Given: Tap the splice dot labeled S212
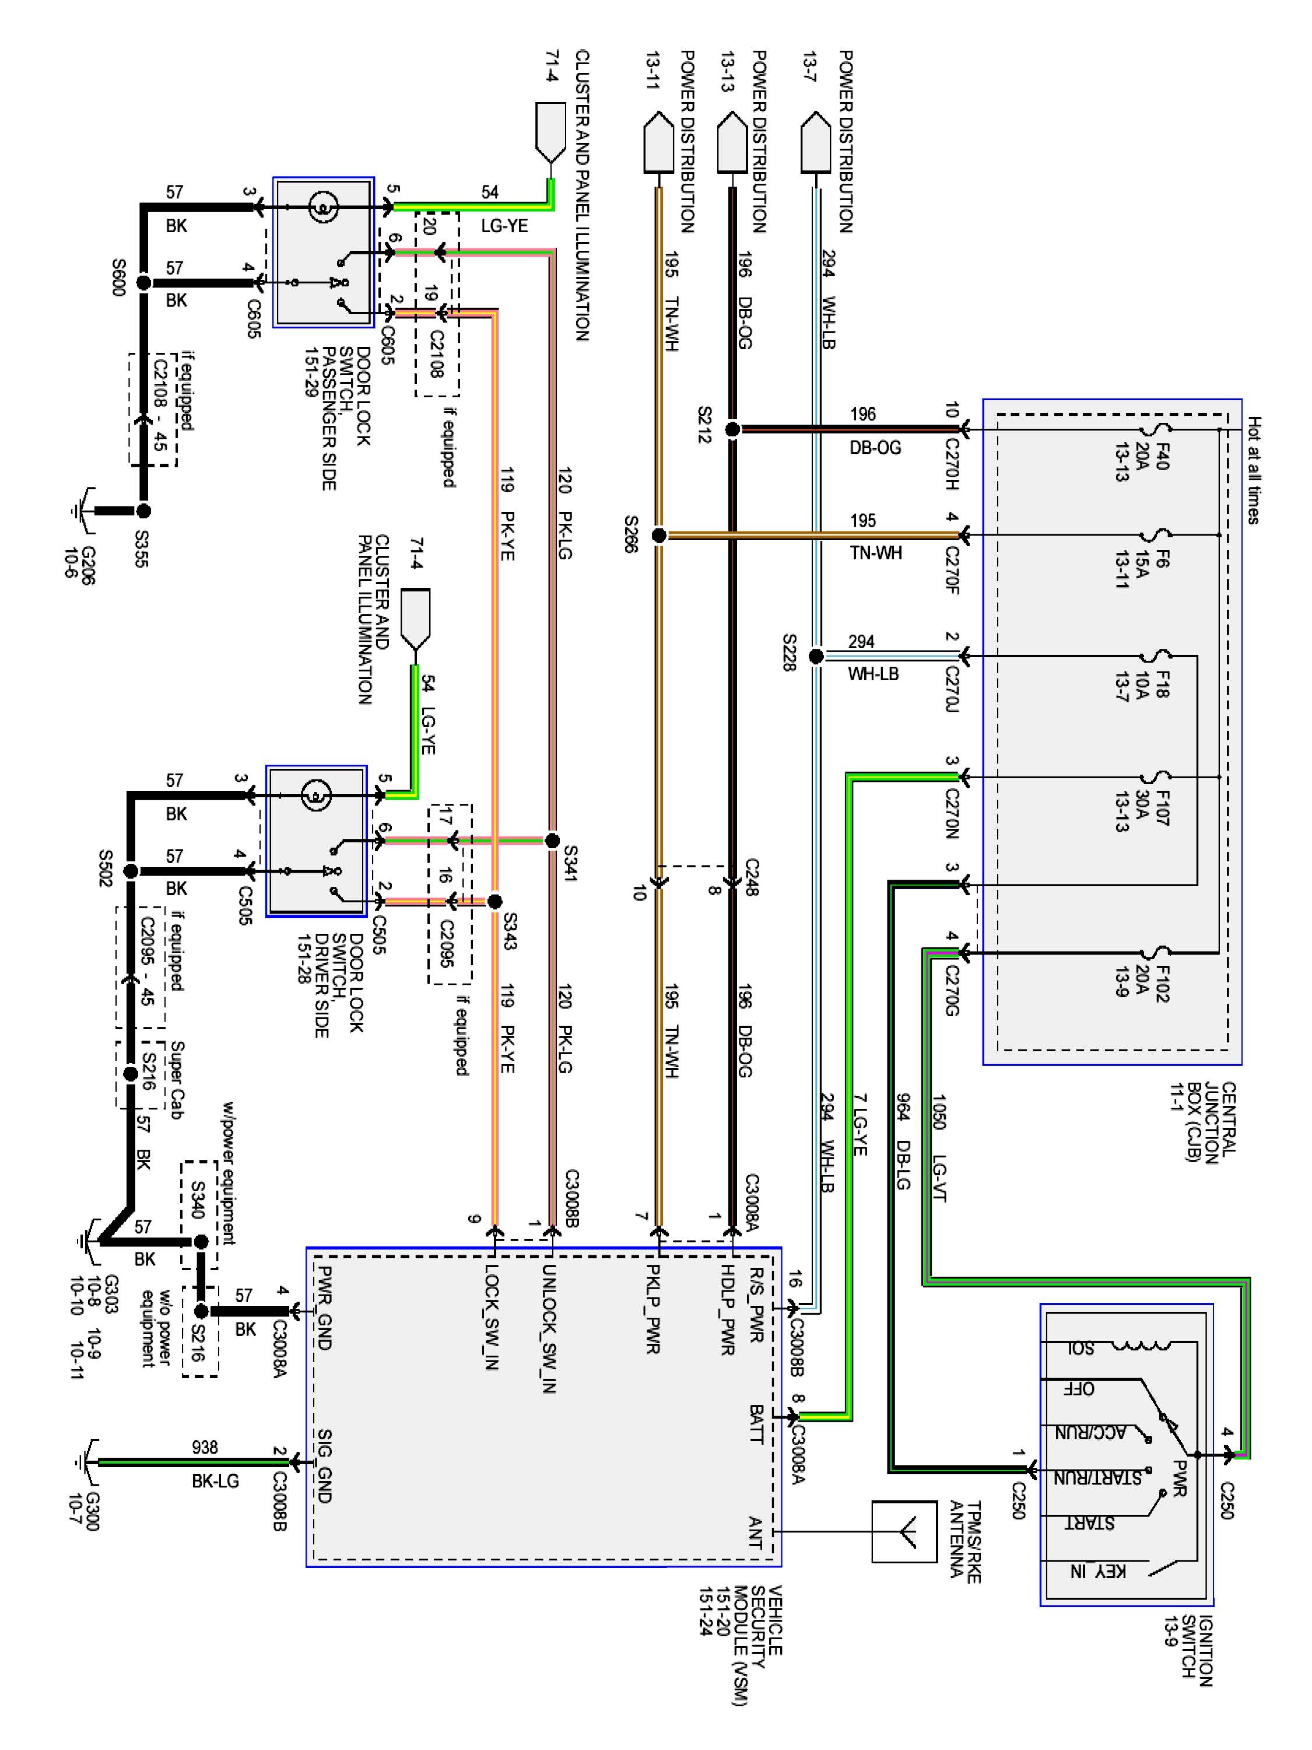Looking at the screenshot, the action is click(732, 429).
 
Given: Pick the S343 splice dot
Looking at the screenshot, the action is click(495, 901).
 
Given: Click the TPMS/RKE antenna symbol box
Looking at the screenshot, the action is click(904, 1532).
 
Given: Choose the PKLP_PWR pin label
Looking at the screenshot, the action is click(653, 1310).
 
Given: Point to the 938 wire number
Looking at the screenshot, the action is click(205, 1447).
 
